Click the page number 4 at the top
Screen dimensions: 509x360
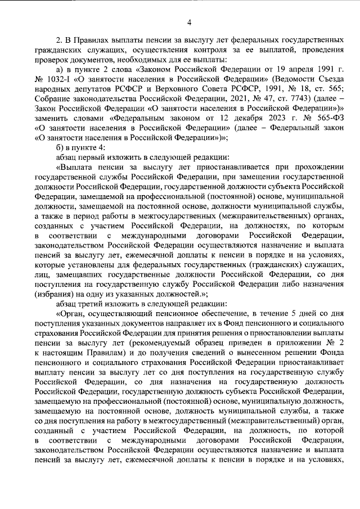[x=189, y=22]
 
